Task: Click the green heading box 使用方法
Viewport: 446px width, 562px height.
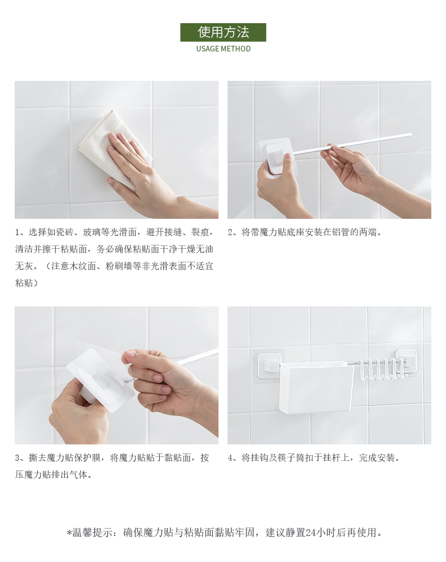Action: (223, 32)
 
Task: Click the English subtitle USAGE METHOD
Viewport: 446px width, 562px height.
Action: (224, 49)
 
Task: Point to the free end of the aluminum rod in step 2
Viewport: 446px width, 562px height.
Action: (410, 135)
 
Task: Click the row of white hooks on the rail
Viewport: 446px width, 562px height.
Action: (382, 370)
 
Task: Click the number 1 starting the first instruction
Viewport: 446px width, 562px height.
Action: (17, 232)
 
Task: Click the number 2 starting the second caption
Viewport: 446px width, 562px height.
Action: (230, 232)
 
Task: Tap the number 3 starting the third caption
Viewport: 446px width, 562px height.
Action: (17, 458)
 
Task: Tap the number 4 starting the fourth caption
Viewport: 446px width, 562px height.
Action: (230, 458)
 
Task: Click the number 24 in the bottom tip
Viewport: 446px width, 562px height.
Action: (310, 533)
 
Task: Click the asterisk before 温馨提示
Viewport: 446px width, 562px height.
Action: (69, 533)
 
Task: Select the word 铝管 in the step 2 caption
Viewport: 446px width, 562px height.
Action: (341, 232)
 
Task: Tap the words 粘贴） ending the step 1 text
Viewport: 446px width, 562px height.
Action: (26, 283)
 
